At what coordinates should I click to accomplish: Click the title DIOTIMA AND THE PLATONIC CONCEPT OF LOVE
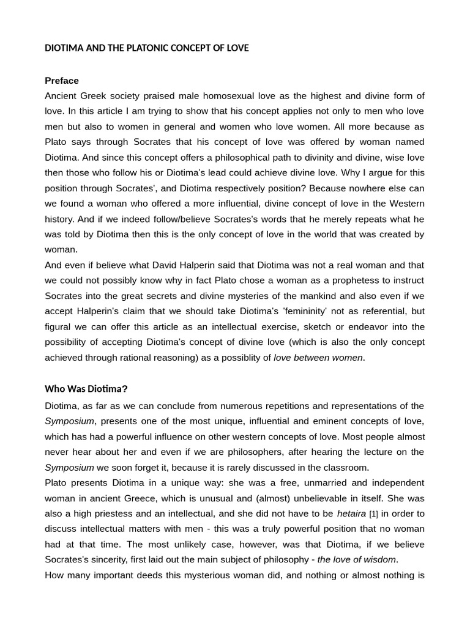(x=147, y=48)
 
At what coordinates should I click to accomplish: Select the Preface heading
(x=62, y=81)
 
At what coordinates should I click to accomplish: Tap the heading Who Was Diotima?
(x=86, y=389)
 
